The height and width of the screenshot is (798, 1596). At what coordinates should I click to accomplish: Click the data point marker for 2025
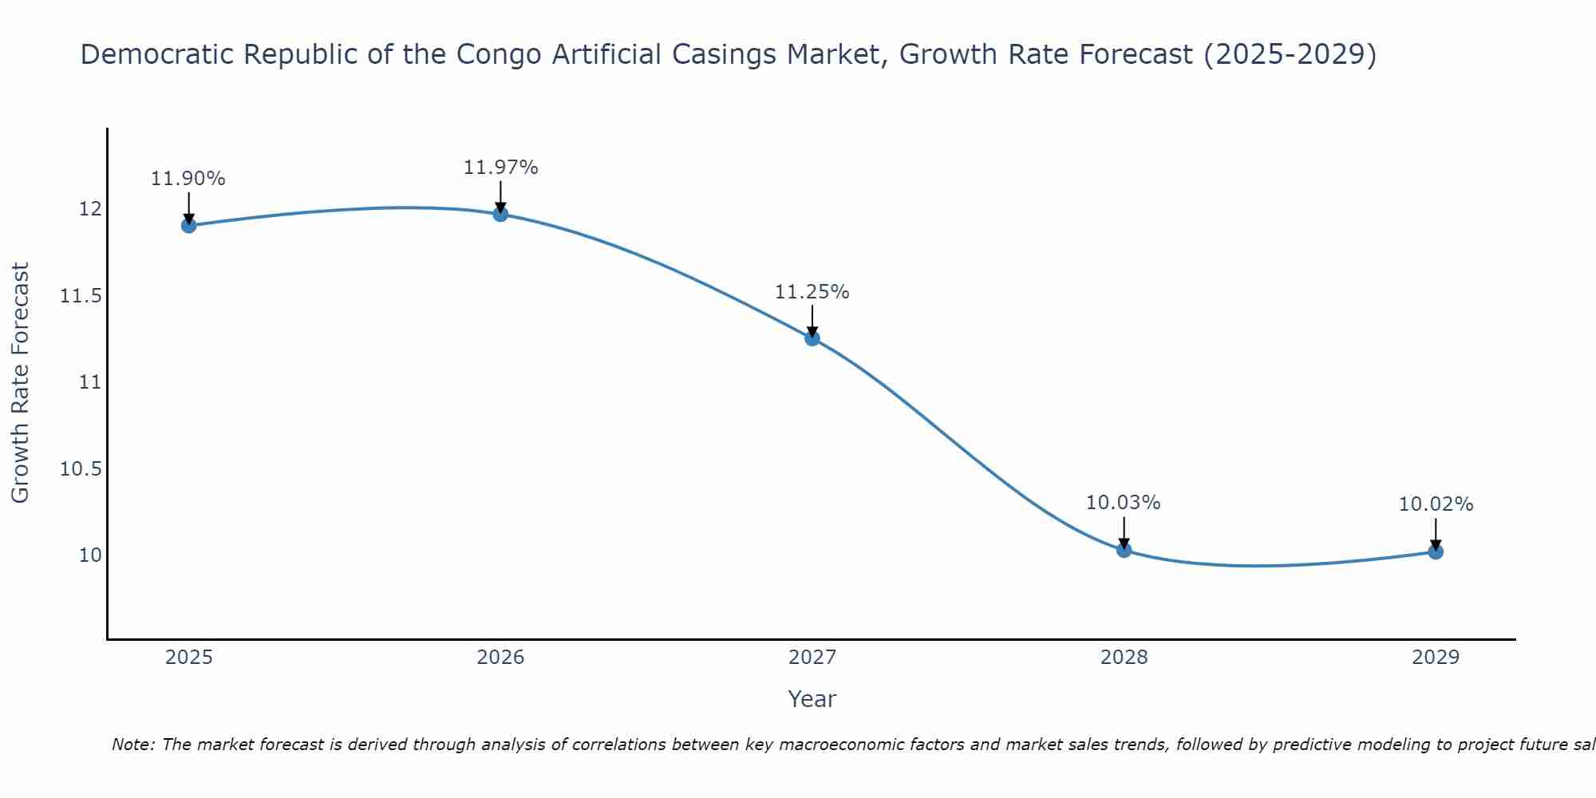[x=189, y=225]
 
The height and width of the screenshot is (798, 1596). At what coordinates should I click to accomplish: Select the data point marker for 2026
[x=500, y=214]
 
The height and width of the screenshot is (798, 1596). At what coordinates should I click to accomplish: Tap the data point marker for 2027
[x=812, y=338]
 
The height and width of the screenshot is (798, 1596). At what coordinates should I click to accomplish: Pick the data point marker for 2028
[x=1124, y=550]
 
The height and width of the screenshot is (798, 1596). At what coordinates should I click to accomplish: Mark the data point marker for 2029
[x=1436, y=551]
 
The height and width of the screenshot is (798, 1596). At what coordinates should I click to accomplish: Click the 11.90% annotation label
[x=188, y=179]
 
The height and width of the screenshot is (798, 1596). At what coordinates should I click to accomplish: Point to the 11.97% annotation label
[x=500, y=168]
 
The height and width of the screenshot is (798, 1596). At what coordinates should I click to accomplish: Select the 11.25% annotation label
[x=812, y=292]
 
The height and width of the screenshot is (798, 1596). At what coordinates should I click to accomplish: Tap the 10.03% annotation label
[x=1124, y=503]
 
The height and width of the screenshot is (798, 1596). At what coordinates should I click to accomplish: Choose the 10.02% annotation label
[x=1436, y=504]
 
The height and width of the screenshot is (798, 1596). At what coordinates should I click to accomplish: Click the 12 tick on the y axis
[x=90, y=209]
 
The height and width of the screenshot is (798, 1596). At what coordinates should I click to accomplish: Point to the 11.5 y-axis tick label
[x=81, y=296]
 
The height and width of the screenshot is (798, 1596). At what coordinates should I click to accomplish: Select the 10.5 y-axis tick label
[x=81, y=468]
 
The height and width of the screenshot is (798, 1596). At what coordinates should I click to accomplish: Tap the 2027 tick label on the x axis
[x=812, y=658]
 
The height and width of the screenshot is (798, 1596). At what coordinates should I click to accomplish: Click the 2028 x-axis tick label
[x=1124, y=658]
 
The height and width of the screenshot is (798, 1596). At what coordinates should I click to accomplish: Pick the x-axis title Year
[x=812, y=699]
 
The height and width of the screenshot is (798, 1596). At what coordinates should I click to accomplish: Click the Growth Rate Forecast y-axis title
[x=20, y=382]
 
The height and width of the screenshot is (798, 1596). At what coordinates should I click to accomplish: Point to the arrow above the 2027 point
[x=812, y=321]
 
